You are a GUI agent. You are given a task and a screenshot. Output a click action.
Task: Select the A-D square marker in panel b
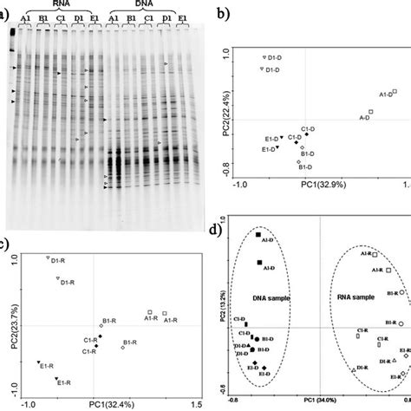[x=370, y=112]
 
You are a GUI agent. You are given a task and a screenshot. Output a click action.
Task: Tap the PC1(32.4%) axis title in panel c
[x=110, y=404]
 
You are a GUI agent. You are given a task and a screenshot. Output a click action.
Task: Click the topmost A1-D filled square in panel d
[x=258, y=234]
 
